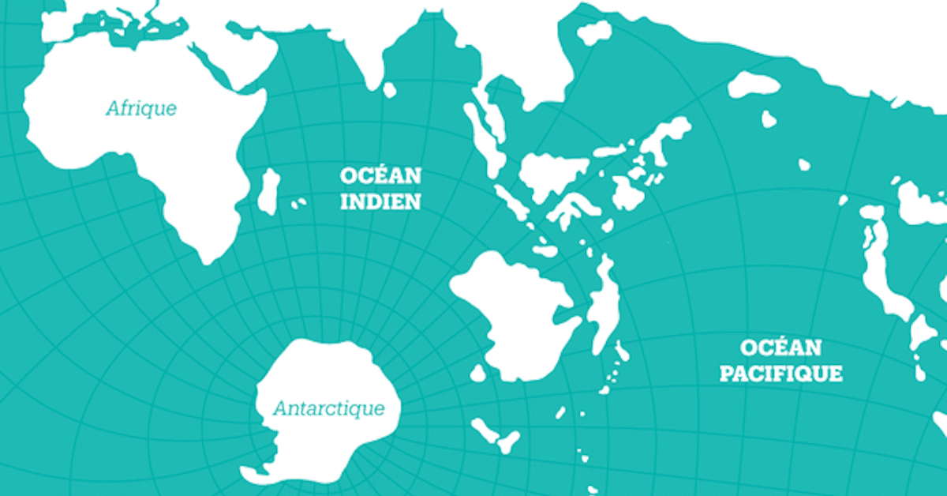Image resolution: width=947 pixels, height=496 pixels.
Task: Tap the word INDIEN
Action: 380,201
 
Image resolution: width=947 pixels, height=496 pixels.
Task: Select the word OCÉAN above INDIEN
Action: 380,175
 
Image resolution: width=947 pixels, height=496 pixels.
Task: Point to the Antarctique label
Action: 329,408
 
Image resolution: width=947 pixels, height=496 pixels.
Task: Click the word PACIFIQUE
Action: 780,373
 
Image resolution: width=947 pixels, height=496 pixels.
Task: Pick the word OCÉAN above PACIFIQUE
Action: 780,348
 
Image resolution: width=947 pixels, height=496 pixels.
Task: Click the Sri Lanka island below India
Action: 389,90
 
